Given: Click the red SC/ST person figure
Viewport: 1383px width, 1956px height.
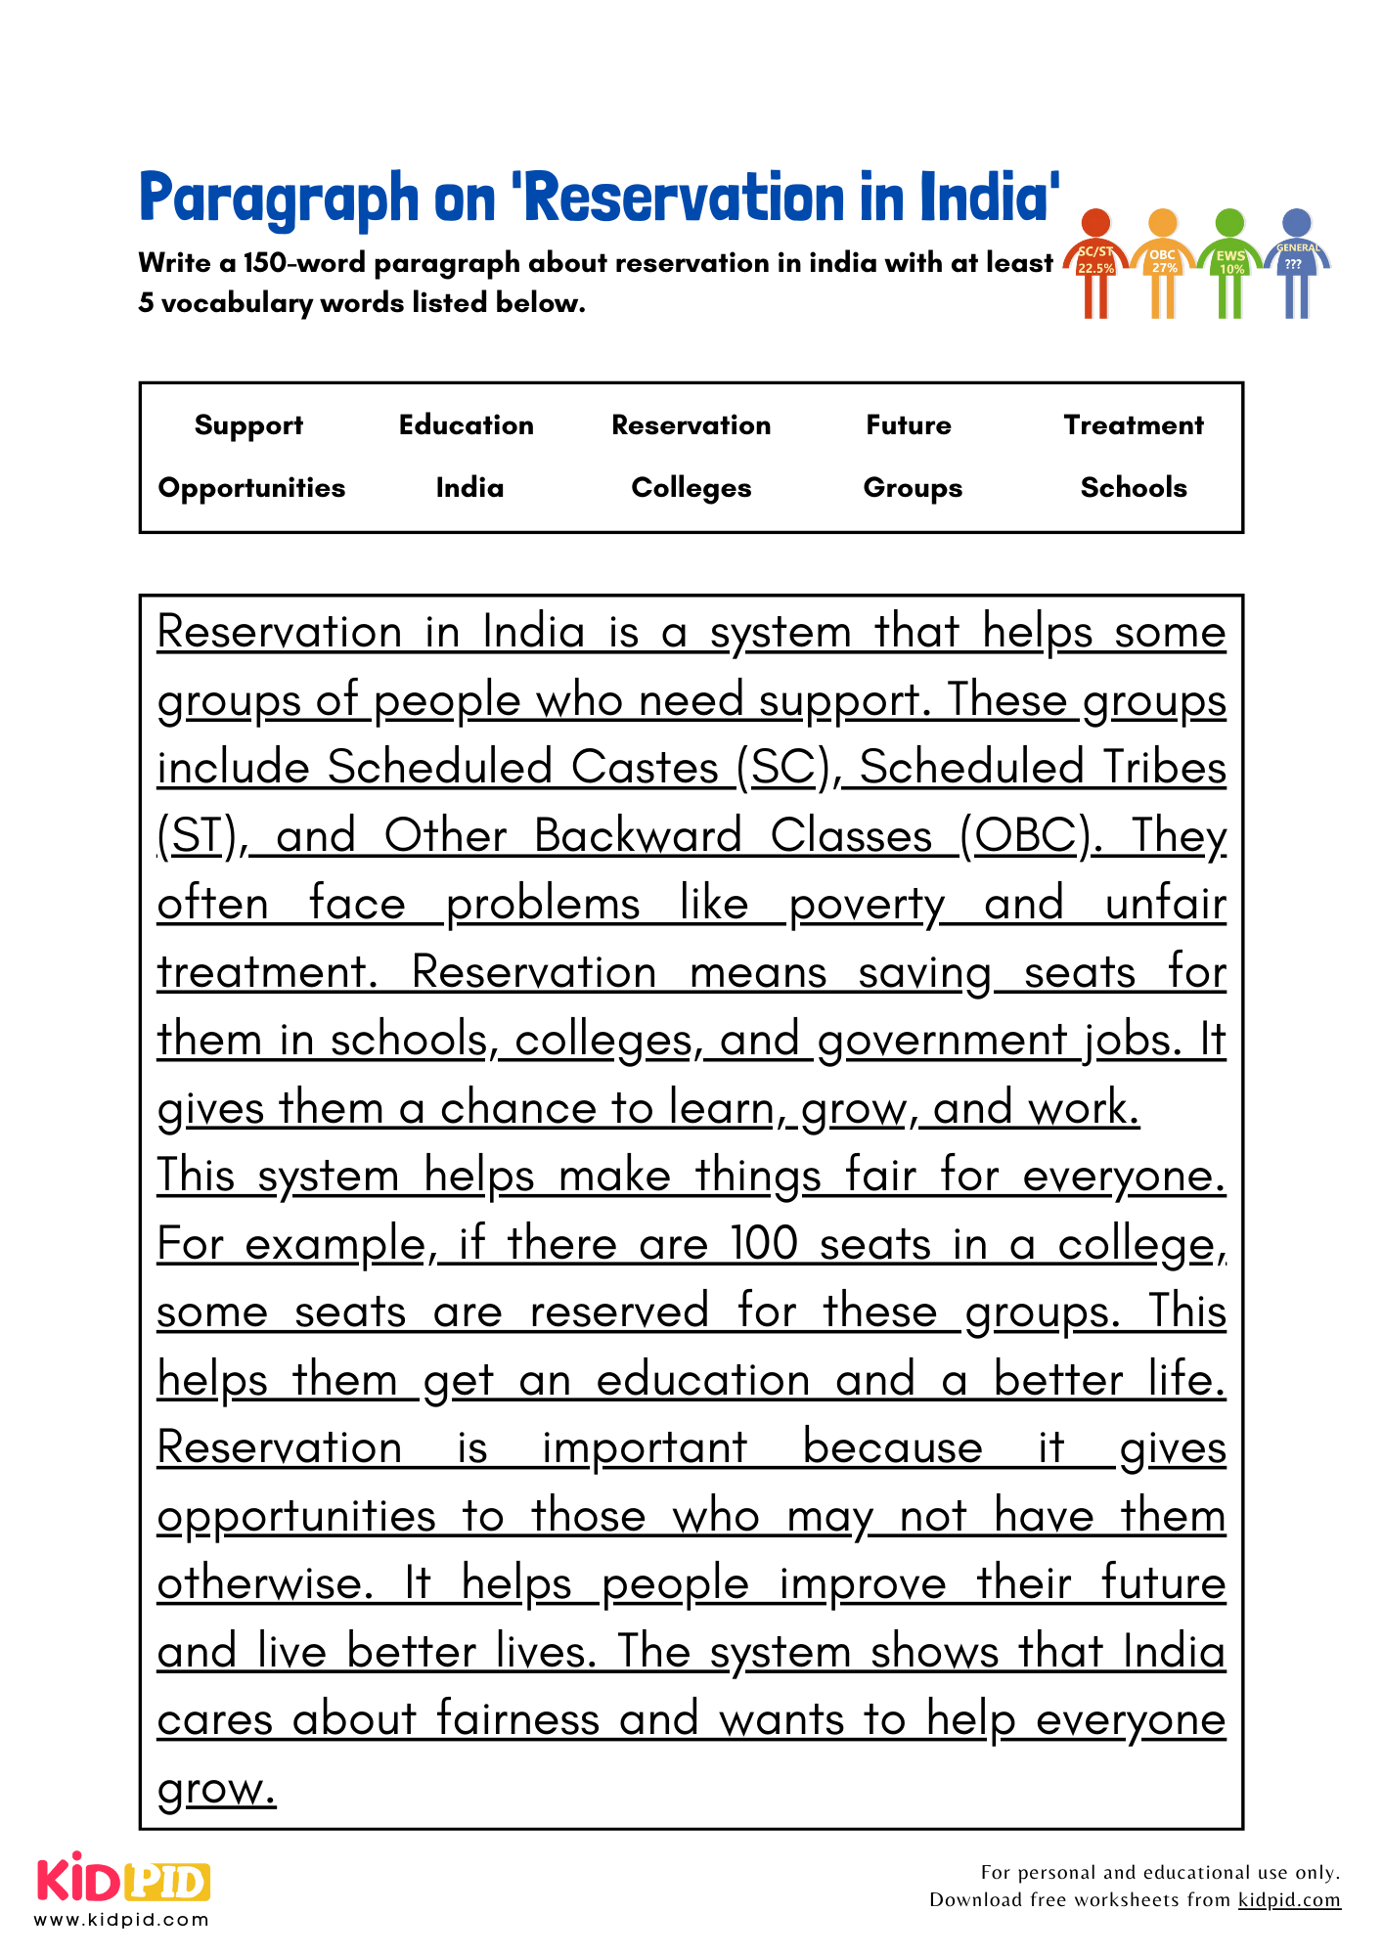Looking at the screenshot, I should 1096,262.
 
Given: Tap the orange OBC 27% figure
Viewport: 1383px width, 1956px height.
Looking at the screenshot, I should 1163,262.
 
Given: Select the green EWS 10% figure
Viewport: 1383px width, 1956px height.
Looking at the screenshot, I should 1229,262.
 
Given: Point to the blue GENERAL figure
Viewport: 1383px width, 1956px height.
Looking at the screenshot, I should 1296,262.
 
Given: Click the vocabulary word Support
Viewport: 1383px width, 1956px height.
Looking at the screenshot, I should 248,425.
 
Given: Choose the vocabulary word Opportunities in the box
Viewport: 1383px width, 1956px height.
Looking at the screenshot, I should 251,488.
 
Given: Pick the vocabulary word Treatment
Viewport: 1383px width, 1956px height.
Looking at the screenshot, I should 1134,425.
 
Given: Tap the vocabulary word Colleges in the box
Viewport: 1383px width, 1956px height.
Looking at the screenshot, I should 691,488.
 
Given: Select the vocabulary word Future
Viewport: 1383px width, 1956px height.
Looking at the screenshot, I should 909,425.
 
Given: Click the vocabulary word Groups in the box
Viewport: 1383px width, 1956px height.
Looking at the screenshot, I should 913,488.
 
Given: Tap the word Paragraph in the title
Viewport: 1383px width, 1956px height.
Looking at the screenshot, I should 279,200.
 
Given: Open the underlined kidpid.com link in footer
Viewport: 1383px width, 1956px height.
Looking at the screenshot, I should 1289,1900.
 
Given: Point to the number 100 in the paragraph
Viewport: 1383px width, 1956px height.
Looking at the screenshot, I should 764,1245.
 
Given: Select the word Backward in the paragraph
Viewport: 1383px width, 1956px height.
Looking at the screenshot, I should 638,837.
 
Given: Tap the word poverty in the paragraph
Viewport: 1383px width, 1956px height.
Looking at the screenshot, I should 867,905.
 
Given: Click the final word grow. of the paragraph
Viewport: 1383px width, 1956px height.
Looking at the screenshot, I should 217,1789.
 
